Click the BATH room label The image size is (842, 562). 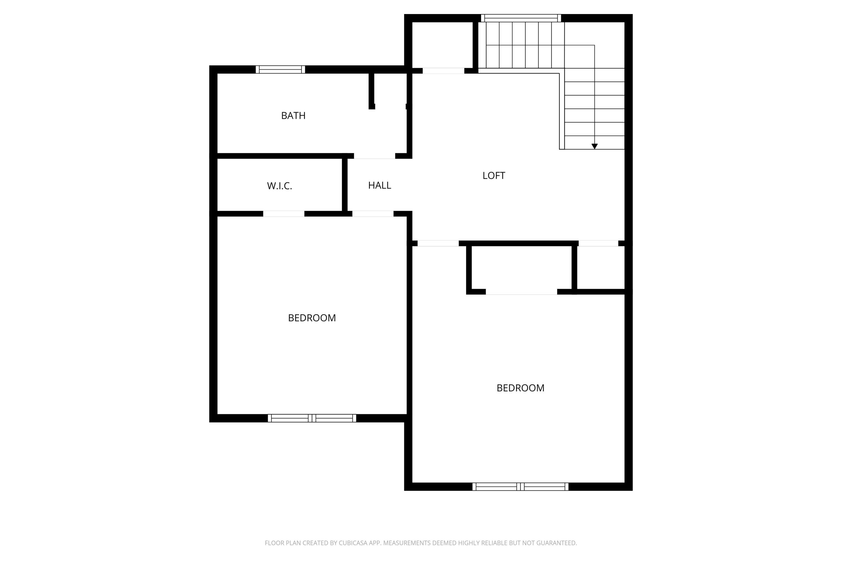(x=293, y=115)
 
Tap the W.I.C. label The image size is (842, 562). (x=279, y=186)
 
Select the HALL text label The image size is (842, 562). (x=379, y=185)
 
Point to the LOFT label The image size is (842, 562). (x=494, y=176)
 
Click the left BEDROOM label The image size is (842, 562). (x=312, y=318)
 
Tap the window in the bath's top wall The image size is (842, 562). (x=280, y=69)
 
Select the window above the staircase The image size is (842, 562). (x=521, y=18)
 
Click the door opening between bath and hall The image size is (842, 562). (x=374, y=156)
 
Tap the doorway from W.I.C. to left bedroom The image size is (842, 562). (x=283, y=214)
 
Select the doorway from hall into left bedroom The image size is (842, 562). (x=373, y=214)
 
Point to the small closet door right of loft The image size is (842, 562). (x=598, y=243)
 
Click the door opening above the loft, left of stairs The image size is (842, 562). (x=443, y=71)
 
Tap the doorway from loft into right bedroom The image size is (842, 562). (x=438, y=243)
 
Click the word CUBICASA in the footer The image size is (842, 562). (x=353, y=543)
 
